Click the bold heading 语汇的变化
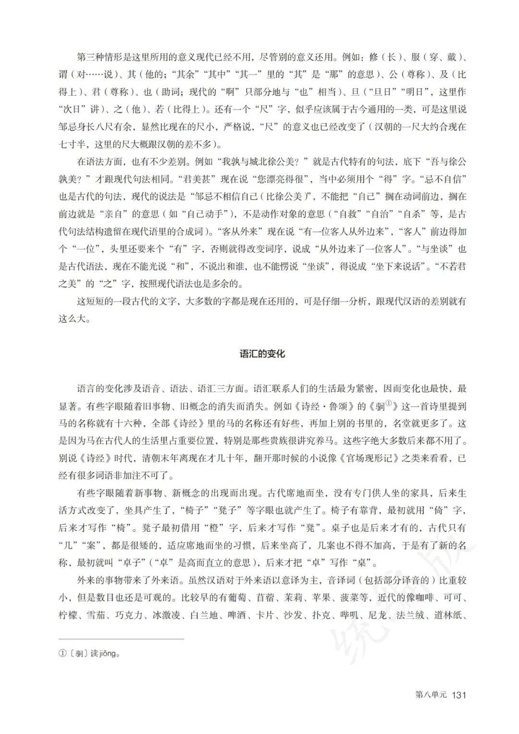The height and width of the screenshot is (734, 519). coord(262,354)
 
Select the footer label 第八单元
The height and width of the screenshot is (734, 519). coord(430,695)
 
